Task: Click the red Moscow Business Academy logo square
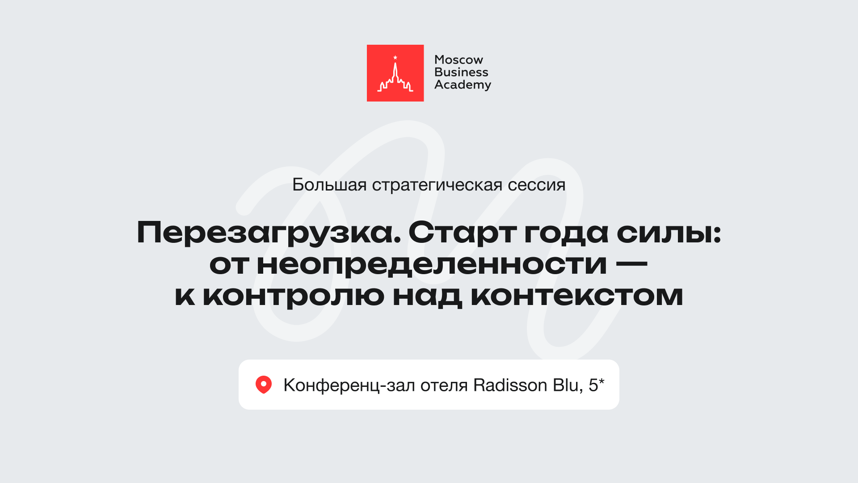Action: (x=395, y=73)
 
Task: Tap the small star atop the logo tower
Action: (x=395, y=57)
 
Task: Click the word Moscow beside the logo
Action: (x=458, y=59)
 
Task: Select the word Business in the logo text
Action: (x=461, y=72)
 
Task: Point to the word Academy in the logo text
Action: (x=463, y=85)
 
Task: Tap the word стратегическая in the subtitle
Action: (x=437, y=185)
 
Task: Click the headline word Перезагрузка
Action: (x=269, y=233)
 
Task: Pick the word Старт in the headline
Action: (x=462, y=233)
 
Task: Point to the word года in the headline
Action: (x=566, y=233)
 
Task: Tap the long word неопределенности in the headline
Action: (x=432, y=264)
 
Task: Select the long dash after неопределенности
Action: (x=631, y=264)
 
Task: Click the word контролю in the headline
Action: (x=294, y=296)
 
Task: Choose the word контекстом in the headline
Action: (x=577, y=296)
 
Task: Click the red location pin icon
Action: (x=264, y=385)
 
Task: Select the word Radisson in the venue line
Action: (x=510, y=385)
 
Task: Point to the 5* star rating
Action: (x=596, y=385)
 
